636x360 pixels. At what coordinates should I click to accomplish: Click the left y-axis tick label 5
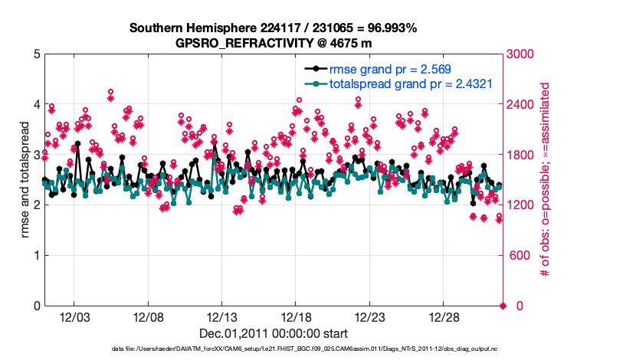point(36,54)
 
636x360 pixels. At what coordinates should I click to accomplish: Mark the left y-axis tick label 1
point(36,256)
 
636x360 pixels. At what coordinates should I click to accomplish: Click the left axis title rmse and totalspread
point(25,180)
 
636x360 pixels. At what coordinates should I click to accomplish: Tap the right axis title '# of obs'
point(547,180)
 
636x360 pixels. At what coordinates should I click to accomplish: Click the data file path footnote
point(273,349)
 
